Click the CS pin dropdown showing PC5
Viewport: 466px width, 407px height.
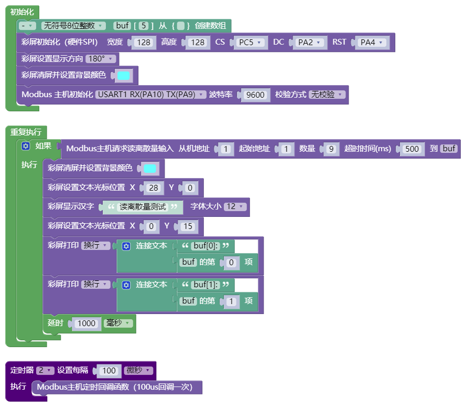(250, 43)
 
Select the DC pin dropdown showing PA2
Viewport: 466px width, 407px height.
(309, 43)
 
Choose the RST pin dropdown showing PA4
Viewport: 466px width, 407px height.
(372, 43)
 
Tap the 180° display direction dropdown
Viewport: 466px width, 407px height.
(101, 59)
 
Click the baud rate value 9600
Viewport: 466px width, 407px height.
(255, 95)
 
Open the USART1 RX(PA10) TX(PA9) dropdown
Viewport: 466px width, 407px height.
(150, 95)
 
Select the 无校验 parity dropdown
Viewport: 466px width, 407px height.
(327, 95)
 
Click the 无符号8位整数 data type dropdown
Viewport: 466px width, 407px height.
(73, 26)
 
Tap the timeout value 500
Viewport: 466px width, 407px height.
(412, 149)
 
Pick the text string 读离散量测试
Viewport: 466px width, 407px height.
(143, 206)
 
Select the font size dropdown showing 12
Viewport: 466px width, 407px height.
(235, 206)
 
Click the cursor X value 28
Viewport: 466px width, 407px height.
(154, 187)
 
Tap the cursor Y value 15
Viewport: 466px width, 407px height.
(188, 226)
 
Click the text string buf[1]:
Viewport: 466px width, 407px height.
(205, 284)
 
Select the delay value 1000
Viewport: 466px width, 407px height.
(86, 323)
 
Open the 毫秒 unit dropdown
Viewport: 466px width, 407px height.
(118, 323)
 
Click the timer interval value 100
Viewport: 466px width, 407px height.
(109, 370)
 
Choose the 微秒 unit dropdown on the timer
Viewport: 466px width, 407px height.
(138, 370)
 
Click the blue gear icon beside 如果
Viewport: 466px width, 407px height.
(26, 146)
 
